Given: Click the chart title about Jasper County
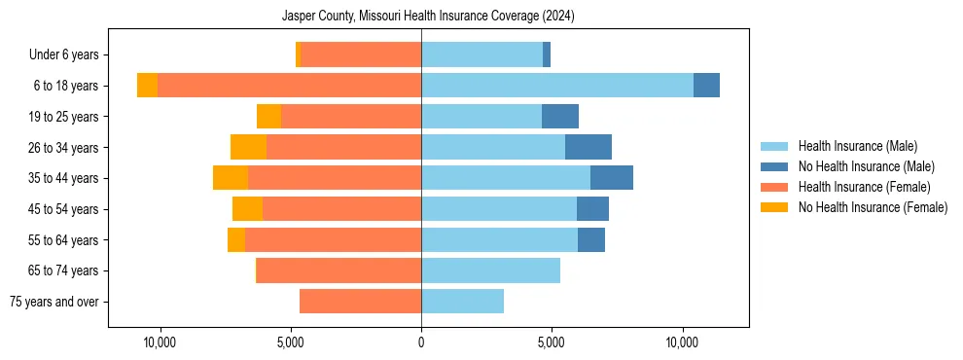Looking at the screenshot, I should (x=428, y=17).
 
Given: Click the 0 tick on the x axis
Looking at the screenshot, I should (x=421, y=342).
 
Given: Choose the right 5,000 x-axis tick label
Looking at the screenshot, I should (x=552, y=342).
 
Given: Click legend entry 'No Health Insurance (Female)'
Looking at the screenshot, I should (x=873, y=207).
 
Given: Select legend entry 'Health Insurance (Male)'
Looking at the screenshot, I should (x=857, y=146).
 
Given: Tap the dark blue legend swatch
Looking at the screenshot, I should (x=775, y=166).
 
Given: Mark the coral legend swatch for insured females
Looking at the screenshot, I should (x=775, y=187).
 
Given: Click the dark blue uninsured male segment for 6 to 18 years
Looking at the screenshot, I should (x=706, y=86).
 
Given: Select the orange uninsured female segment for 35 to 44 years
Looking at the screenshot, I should (x=231, y=178).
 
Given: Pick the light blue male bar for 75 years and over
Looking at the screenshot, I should (x=462, y=302).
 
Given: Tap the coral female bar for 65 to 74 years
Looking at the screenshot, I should (x=339, y=270).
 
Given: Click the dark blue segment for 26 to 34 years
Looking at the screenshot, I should (x=588, y=147).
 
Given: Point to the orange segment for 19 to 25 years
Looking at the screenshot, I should (x=268, y=117).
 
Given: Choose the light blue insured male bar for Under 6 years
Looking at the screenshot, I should (x=481, y=54).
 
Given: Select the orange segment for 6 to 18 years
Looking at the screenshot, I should (x=147, y=86).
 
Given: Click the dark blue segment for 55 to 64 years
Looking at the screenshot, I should (x=591, y=239).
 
